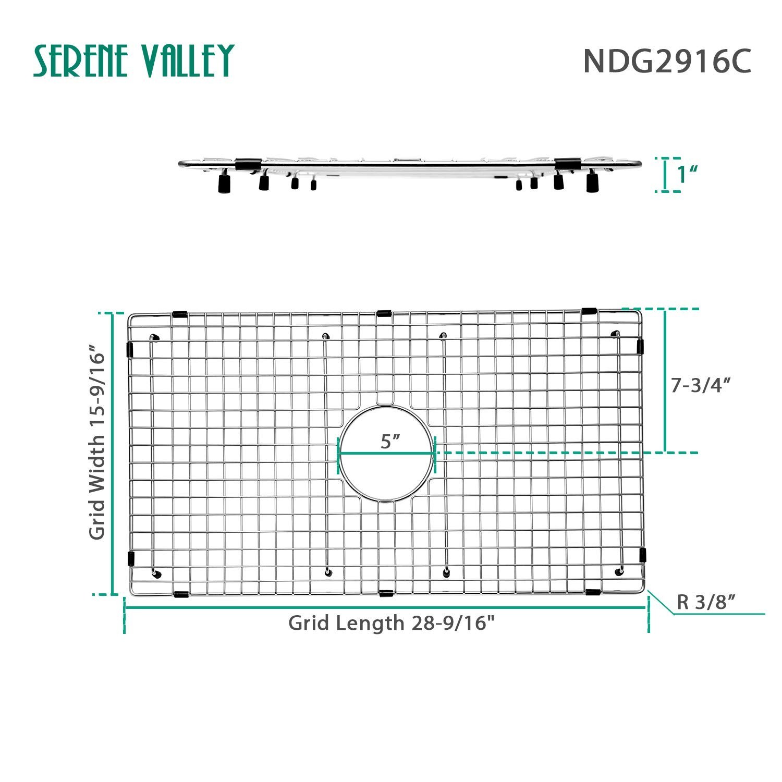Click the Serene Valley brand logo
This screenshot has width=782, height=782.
tap(133, 61)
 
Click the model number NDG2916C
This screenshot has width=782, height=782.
tap(667, 62)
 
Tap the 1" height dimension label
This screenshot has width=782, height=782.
tap(688, 175)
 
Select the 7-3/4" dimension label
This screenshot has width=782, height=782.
tap(700, 385)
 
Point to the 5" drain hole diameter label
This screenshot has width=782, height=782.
tap(390, 441)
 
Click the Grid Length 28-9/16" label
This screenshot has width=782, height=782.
tap(391, 622)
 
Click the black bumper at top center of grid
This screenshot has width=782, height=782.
tap(384, 313)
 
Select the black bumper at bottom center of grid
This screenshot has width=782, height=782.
tap(386, 593)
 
